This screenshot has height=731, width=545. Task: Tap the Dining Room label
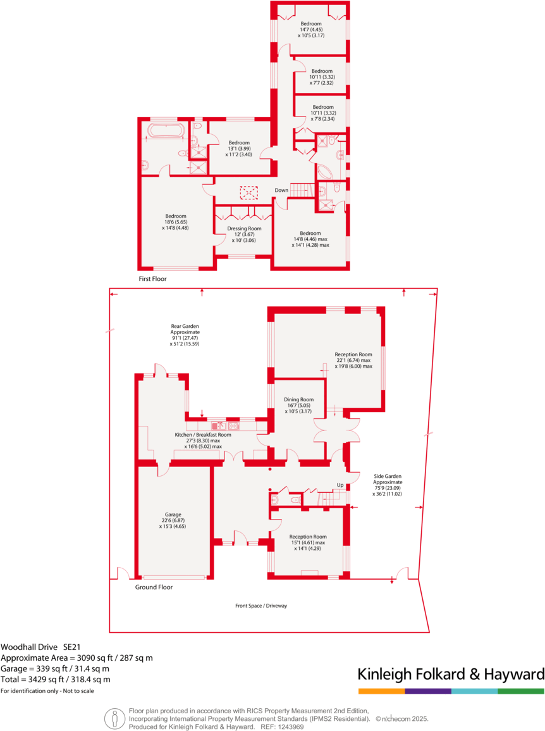point(298,406)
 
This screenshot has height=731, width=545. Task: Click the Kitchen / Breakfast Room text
point(203,435)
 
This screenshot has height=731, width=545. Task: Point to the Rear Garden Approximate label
point(185,332)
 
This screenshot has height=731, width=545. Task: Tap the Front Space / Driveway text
point(261,606)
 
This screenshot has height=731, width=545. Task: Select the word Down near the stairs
point(281,191)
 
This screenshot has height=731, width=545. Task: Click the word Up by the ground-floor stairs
point(340,485)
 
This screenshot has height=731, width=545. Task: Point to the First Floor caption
point(152,278)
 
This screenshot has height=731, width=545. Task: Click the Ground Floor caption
point(154,587)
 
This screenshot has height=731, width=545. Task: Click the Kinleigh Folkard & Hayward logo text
point(451,673)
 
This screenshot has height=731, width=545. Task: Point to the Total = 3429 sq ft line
point(55,679)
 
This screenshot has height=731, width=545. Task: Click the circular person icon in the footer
point(114,718)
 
